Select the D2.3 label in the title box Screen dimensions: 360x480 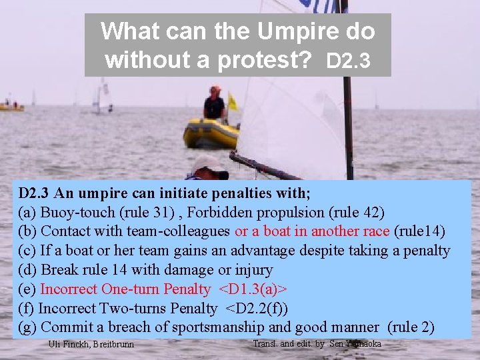tap(349, 62)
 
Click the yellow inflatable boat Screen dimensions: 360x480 tap(211, 133)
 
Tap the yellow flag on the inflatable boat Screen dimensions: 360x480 tap(233, 102)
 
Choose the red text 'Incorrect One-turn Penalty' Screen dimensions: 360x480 tap(125, 289)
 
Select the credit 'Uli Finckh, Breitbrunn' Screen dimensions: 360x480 tap(91, 345)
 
